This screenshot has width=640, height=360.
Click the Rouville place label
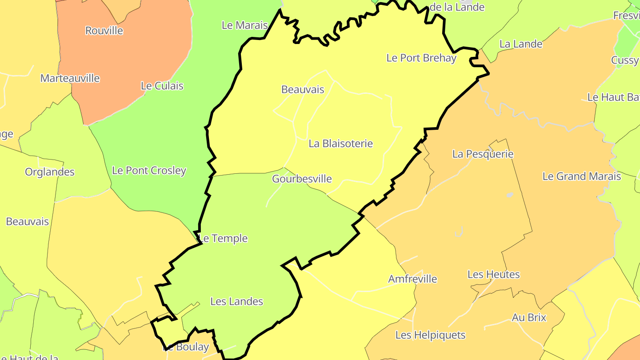104,31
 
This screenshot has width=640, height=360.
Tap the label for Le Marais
245,25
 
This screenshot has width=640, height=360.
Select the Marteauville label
70,78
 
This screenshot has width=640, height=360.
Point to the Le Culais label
162,86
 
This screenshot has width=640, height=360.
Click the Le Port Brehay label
421,58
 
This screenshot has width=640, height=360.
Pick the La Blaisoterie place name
340,144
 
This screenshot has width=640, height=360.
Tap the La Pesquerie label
483,154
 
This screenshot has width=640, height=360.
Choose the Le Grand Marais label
581,176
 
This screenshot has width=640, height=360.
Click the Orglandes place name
50,172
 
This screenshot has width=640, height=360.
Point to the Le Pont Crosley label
149,170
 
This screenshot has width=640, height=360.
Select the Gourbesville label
302,179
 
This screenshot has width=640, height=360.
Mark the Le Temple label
223,238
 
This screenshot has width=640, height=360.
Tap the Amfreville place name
412,279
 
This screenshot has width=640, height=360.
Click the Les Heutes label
493,274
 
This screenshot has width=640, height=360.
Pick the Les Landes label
236,301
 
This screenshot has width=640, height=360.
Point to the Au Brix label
529,317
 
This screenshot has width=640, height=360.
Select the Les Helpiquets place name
430,335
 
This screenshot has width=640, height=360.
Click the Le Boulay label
187,347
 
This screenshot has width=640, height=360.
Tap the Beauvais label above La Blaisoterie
303,89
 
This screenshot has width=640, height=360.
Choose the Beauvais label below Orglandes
27,221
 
